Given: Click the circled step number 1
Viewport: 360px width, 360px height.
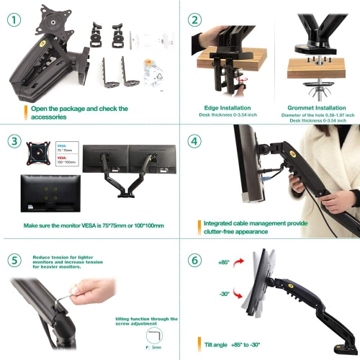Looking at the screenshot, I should [13, 21].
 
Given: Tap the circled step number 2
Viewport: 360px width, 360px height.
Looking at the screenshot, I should [194, 20].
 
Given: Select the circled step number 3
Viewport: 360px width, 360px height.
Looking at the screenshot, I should [14, 140].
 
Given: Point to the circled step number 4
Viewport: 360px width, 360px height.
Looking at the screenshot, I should [194, 140].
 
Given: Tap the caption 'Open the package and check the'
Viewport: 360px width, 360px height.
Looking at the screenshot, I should [79, 109].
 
